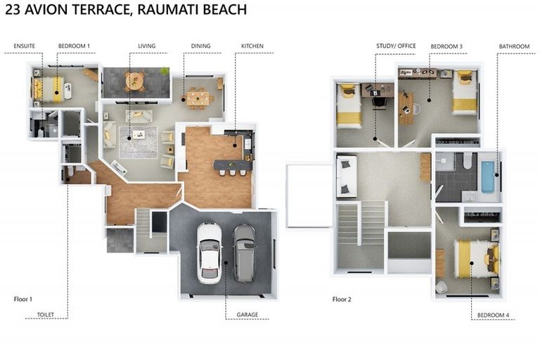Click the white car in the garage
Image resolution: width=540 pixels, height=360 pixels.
click(x=209, y=252)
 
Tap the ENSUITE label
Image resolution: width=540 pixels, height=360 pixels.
click(x=25, y=46)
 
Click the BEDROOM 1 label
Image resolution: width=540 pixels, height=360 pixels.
click(x=74, y=46)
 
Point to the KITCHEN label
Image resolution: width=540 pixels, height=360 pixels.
click(x=252, y=46)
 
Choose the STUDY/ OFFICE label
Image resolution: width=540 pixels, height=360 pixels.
click(x=396, y=46)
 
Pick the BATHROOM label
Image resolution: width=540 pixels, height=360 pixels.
click(x=514, y=46)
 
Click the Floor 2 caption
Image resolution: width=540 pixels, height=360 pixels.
click(x=342, y=299)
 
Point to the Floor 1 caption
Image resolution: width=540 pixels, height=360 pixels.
click(x=24, y=299)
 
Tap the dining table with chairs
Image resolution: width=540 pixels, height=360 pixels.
click(x=198, y=98)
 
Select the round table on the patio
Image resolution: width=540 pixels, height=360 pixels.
click(x=134, y=82)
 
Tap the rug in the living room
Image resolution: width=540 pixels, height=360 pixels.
click(x=139, y=142)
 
